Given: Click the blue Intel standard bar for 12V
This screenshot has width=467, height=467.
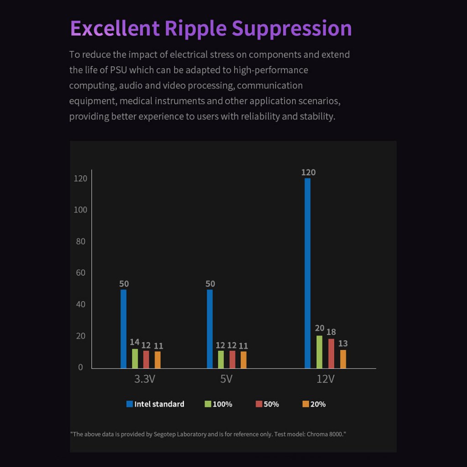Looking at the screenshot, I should pos(307,273).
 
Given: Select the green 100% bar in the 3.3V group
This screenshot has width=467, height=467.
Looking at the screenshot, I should pos(135,358).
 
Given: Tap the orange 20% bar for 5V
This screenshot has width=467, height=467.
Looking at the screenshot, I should pos(244,359).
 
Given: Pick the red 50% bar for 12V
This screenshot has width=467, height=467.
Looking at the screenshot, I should pos(331,353).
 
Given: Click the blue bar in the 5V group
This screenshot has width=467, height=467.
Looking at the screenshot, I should pos(210,328).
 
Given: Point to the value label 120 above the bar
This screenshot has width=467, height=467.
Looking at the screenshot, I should pos(308,172).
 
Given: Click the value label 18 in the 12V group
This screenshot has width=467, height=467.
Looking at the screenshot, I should pos(331,332).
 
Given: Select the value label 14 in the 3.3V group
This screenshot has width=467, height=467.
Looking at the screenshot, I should pos(134,342).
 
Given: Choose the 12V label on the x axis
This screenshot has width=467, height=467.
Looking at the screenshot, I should pos(325,379).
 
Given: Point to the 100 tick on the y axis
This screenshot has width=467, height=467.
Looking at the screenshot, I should pos(80,210).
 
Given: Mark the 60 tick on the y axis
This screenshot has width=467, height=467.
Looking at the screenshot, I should pos(81,273).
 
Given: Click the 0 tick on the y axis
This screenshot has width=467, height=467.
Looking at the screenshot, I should pos(81,367).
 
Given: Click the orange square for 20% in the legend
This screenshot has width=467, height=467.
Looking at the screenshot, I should pos(306,404).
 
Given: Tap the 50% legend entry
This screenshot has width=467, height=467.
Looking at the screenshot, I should pos(267,404).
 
